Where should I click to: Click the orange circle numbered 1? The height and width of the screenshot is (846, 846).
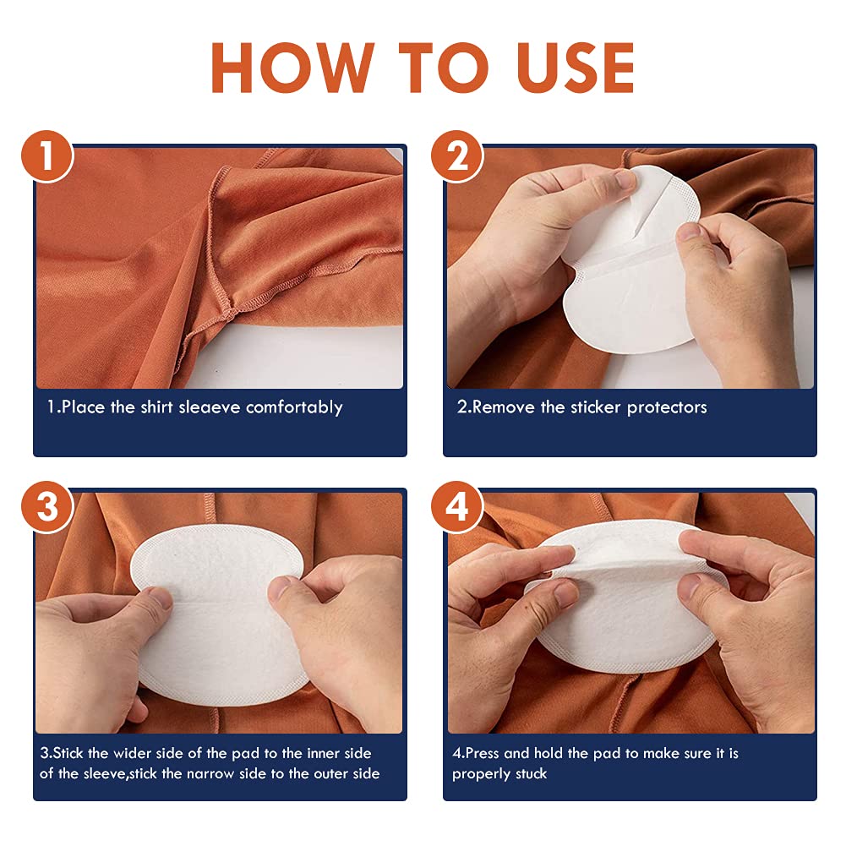tap(47, 156)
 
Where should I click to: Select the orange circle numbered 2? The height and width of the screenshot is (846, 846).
tap(457, 156)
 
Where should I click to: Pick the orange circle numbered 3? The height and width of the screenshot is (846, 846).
tap(47, 506)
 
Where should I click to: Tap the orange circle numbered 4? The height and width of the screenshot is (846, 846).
tap(457, 506)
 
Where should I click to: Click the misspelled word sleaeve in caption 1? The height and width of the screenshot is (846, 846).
tap(209, 407)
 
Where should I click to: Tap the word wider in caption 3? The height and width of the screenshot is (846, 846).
tap(132, 753)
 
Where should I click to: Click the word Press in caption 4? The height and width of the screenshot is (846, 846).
tap(482, 753)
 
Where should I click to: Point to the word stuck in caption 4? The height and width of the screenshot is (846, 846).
tap(531, 773)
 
